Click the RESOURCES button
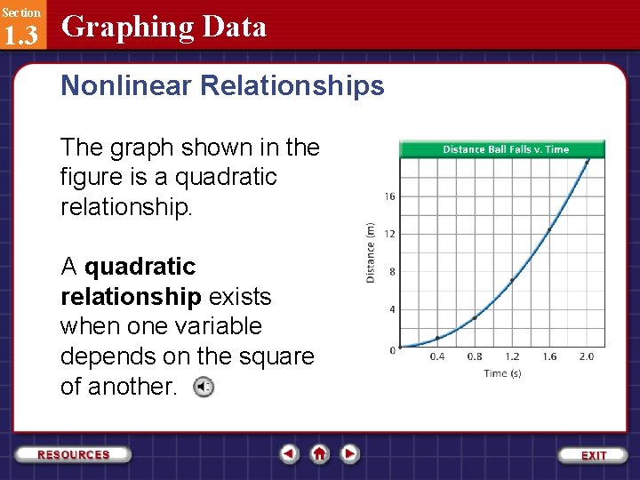point(74,454)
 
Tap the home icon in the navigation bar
point(320,453)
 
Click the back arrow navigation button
point(289,453)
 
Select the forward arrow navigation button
point(350,453)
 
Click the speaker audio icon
point(204,387)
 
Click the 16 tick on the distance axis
point(390,196)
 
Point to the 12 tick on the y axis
point(390,234)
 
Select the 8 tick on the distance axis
point(392,272)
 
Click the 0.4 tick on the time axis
point(437,356)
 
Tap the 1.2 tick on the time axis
point(512,356)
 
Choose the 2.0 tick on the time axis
point(587,356)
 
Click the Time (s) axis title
point(502,373)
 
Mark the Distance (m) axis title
point(371,252)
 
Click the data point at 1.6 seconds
point(549,229)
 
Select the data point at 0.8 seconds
point(475,317)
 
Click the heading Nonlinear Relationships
point(222,85)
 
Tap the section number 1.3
point(20,35)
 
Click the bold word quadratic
point(140,267)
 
